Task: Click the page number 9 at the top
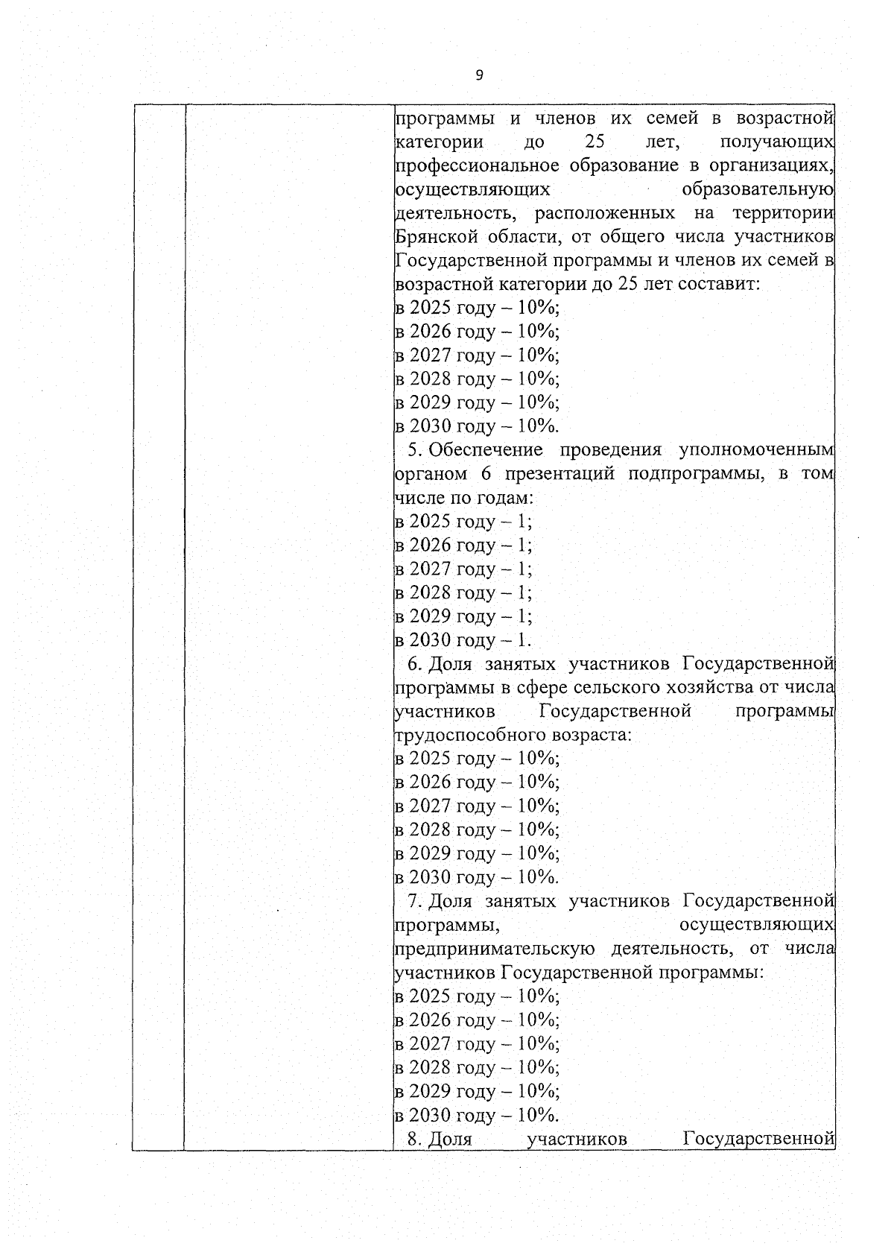(479, 75)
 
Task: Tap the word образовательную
(757, 189)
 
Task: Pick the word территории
(782, 213)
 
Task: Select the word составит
(721, 284)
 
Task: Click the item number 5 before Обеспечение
(414, 450)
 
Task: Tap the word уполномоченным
(755, 450)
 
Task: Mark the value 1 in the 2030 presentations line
(522, 640)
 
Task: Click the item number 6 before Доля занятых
(414, 664)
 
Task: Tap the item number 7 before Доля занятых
(414, 902)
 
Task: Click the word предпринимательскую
(494, 949)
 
